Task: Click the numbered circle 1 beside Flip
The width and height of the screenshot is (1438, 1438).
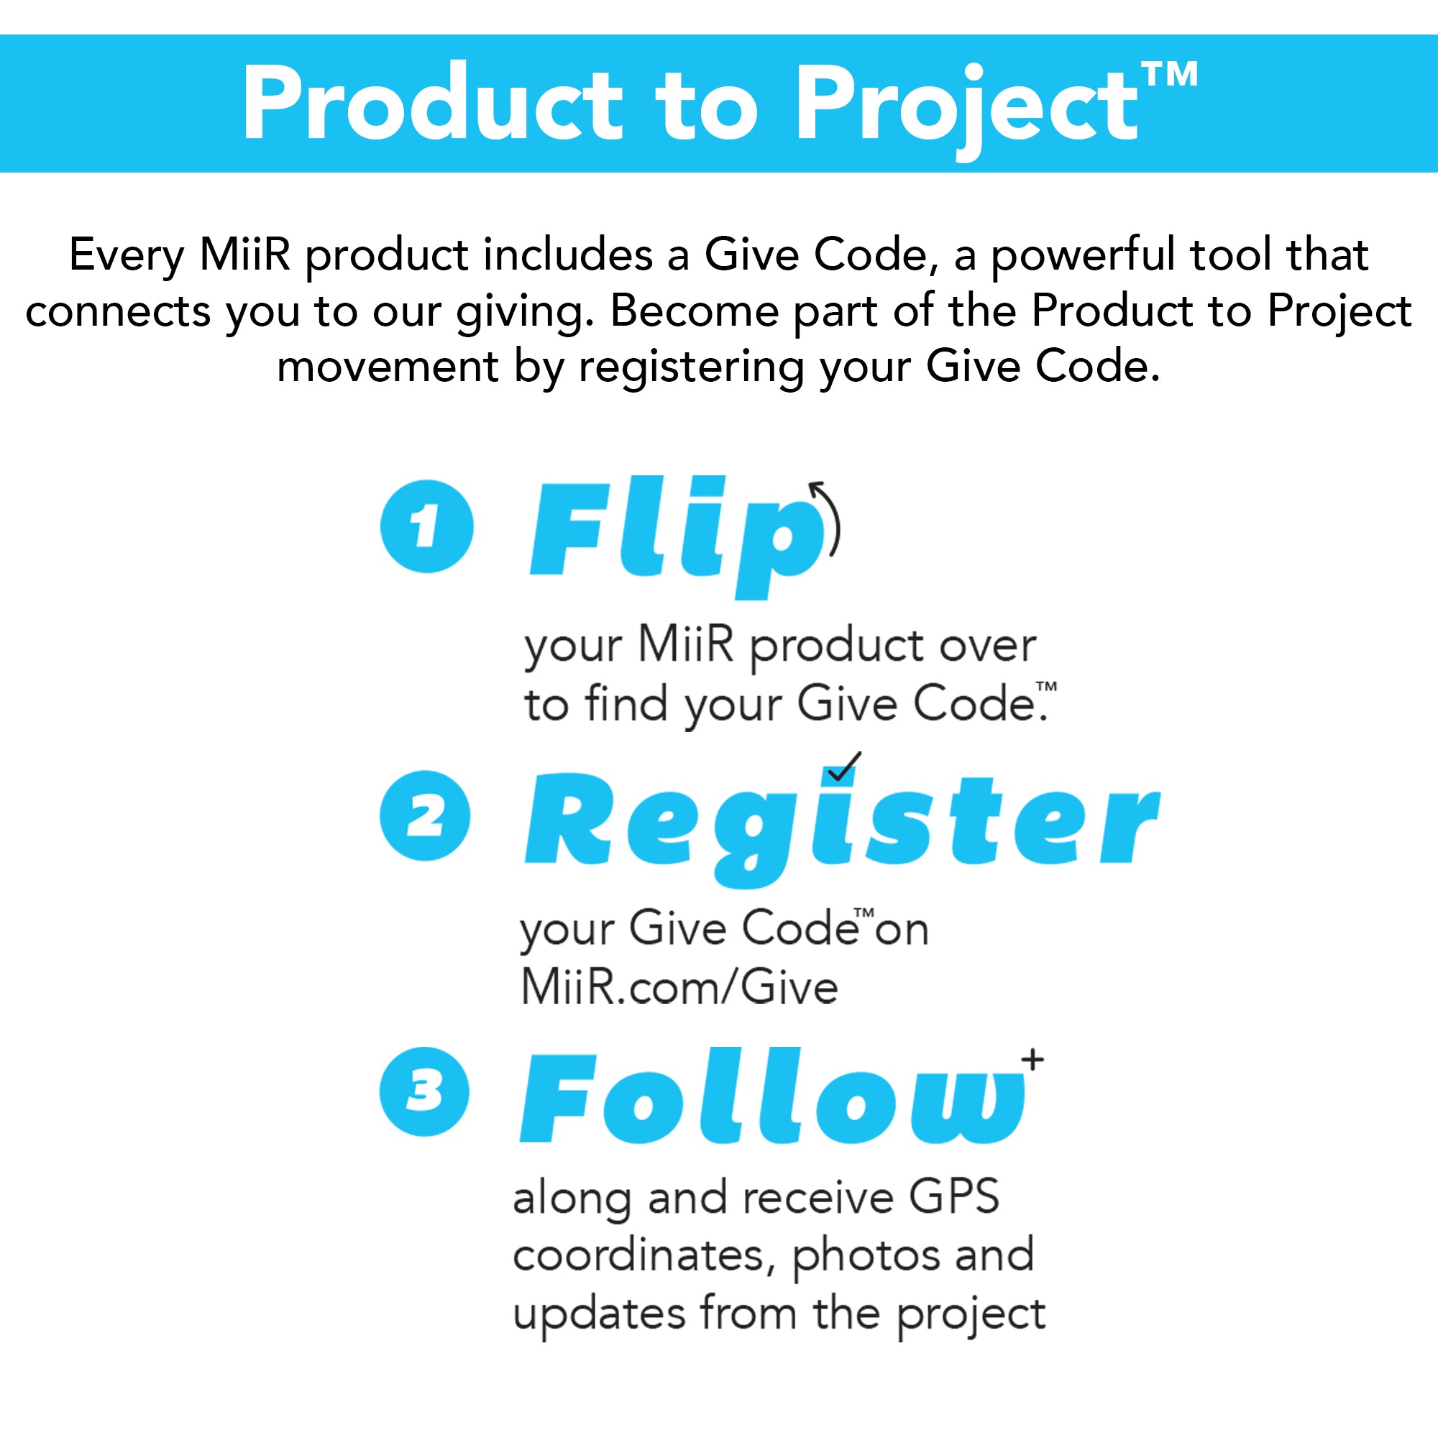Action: point(426,526)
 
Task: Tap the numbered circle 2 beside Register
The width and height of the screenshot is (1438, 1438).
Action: point(425,816)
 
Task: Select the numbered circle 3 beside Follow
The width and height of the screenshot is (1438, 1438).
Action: point(424,1092)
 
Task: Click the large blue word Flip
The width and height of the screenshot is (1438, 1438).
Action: point(677,537)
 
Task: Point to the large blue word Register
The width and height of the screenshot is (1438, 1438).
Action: point(842,828)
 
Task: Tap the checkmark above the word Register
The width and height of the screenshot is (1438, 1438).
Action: point(844,766)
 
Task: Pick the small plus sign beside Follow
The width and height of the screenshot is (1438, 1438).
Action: point(1032,1059)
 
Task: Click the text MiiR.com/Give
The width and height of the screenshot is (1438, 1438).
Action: point(679,988)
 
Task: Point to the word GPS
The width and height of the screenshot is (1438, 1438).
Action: point(953,1197)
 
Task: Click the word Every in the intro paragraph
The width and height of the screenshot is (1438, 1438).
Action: point(127,255)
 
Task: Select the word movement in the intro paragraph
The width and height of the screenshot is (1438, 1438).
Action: point(388,367)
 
